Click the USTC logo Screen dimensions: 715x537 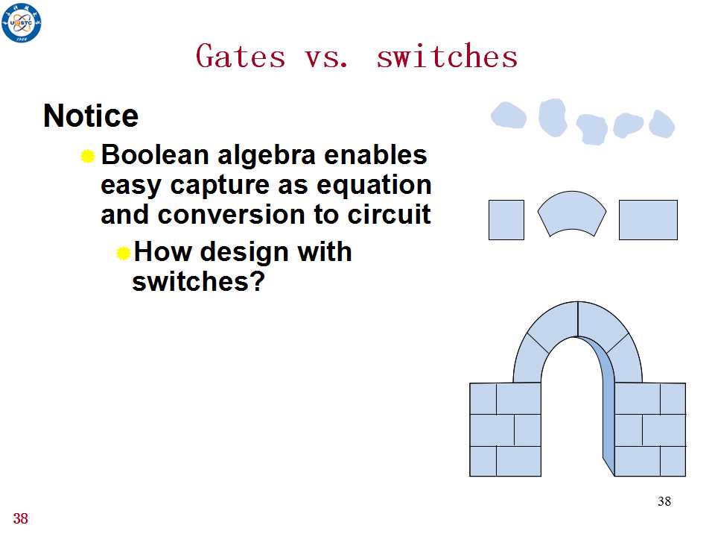(21, 22)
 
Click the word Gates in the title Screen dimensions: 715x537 (241, 56)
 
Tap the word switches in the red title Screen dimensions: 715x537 (447, 56)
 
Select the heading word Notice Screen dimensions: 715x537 (91, 116)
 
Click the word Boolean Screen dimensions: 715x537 (155, 154)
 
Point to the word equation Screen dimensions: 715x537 (374, 186)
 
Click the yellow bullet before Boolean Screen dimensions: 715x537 (88, 156)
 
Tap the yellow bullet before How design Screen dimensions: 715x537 (124, 253)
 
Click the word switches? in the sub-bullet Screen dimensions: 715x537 (198, 281)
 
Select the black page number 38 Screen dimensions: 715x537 (664, 501)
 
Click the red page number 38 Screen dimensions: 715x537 (21, 519)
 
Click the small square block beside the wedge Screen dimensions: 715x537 (506, 219)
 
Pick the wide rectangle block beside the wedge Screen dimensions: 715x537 (648, 219)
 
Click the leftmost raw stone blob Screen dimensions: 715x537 (509, 115)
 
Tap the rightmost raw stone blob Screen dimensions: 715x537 (661, 124)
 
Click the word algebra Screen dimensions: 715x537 (267, 156)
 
